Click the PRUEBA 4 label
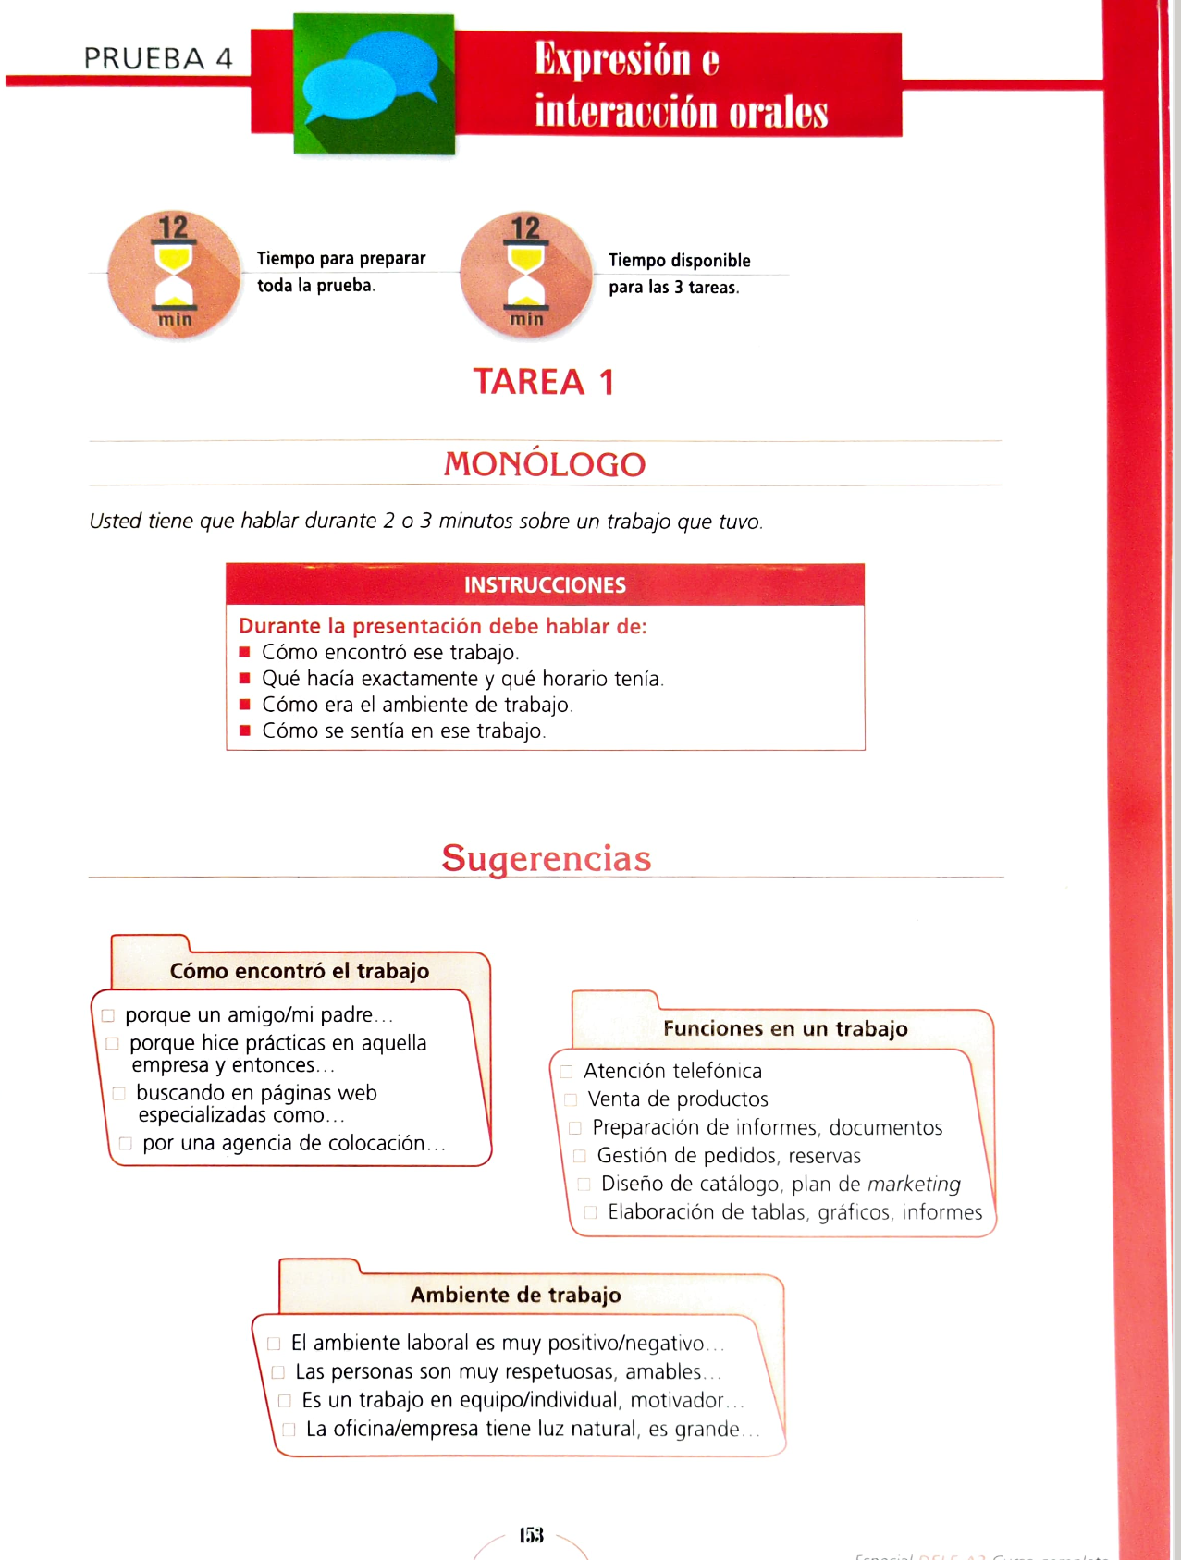pyautogui.click(x=158, y=58)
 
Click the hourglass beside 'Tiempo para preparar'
pyautogui.click(x=174, y=274)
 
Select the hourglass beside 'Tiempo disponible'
pyautogui.click(x=526, y=275)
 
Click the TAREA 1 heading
pyautogui.click(x=544, y=382)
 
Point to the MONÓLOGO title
pyautogui.click(x=545, y=464)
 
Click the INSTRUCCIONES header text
pyautogui.click(x=545, y=585)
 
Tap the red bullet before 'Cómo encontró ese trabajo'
pyautogui.click(x=245, y=652)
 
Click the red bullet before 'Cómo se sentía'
pyautogui.click(x=245, y=731)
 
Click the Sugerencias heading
pyautogui.click(x=546, y=858)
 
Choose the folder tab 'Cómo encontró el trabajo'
pyautogui.click(x=299, y=971)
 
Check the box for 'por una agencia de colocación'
pyautogui.click(x=126, y=1144)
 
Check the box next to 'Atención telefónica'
pyautogui.click(x=566, y=1072)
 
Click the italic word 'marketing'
pyautogui.click(x=914, y=1184)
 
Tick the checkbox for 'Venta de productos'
pyautogui.click(x=571, y=1099)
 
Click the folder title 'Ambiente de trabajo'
pyautogui.click(x=515, y=1295)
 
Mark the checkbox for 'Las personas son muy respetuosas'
pyautogui.click(x=277, y=1372)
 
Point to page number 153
pyautogui.click(x=531, y=1535)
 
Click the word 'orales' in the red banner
pyautogui.click(x=778, y=113)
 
